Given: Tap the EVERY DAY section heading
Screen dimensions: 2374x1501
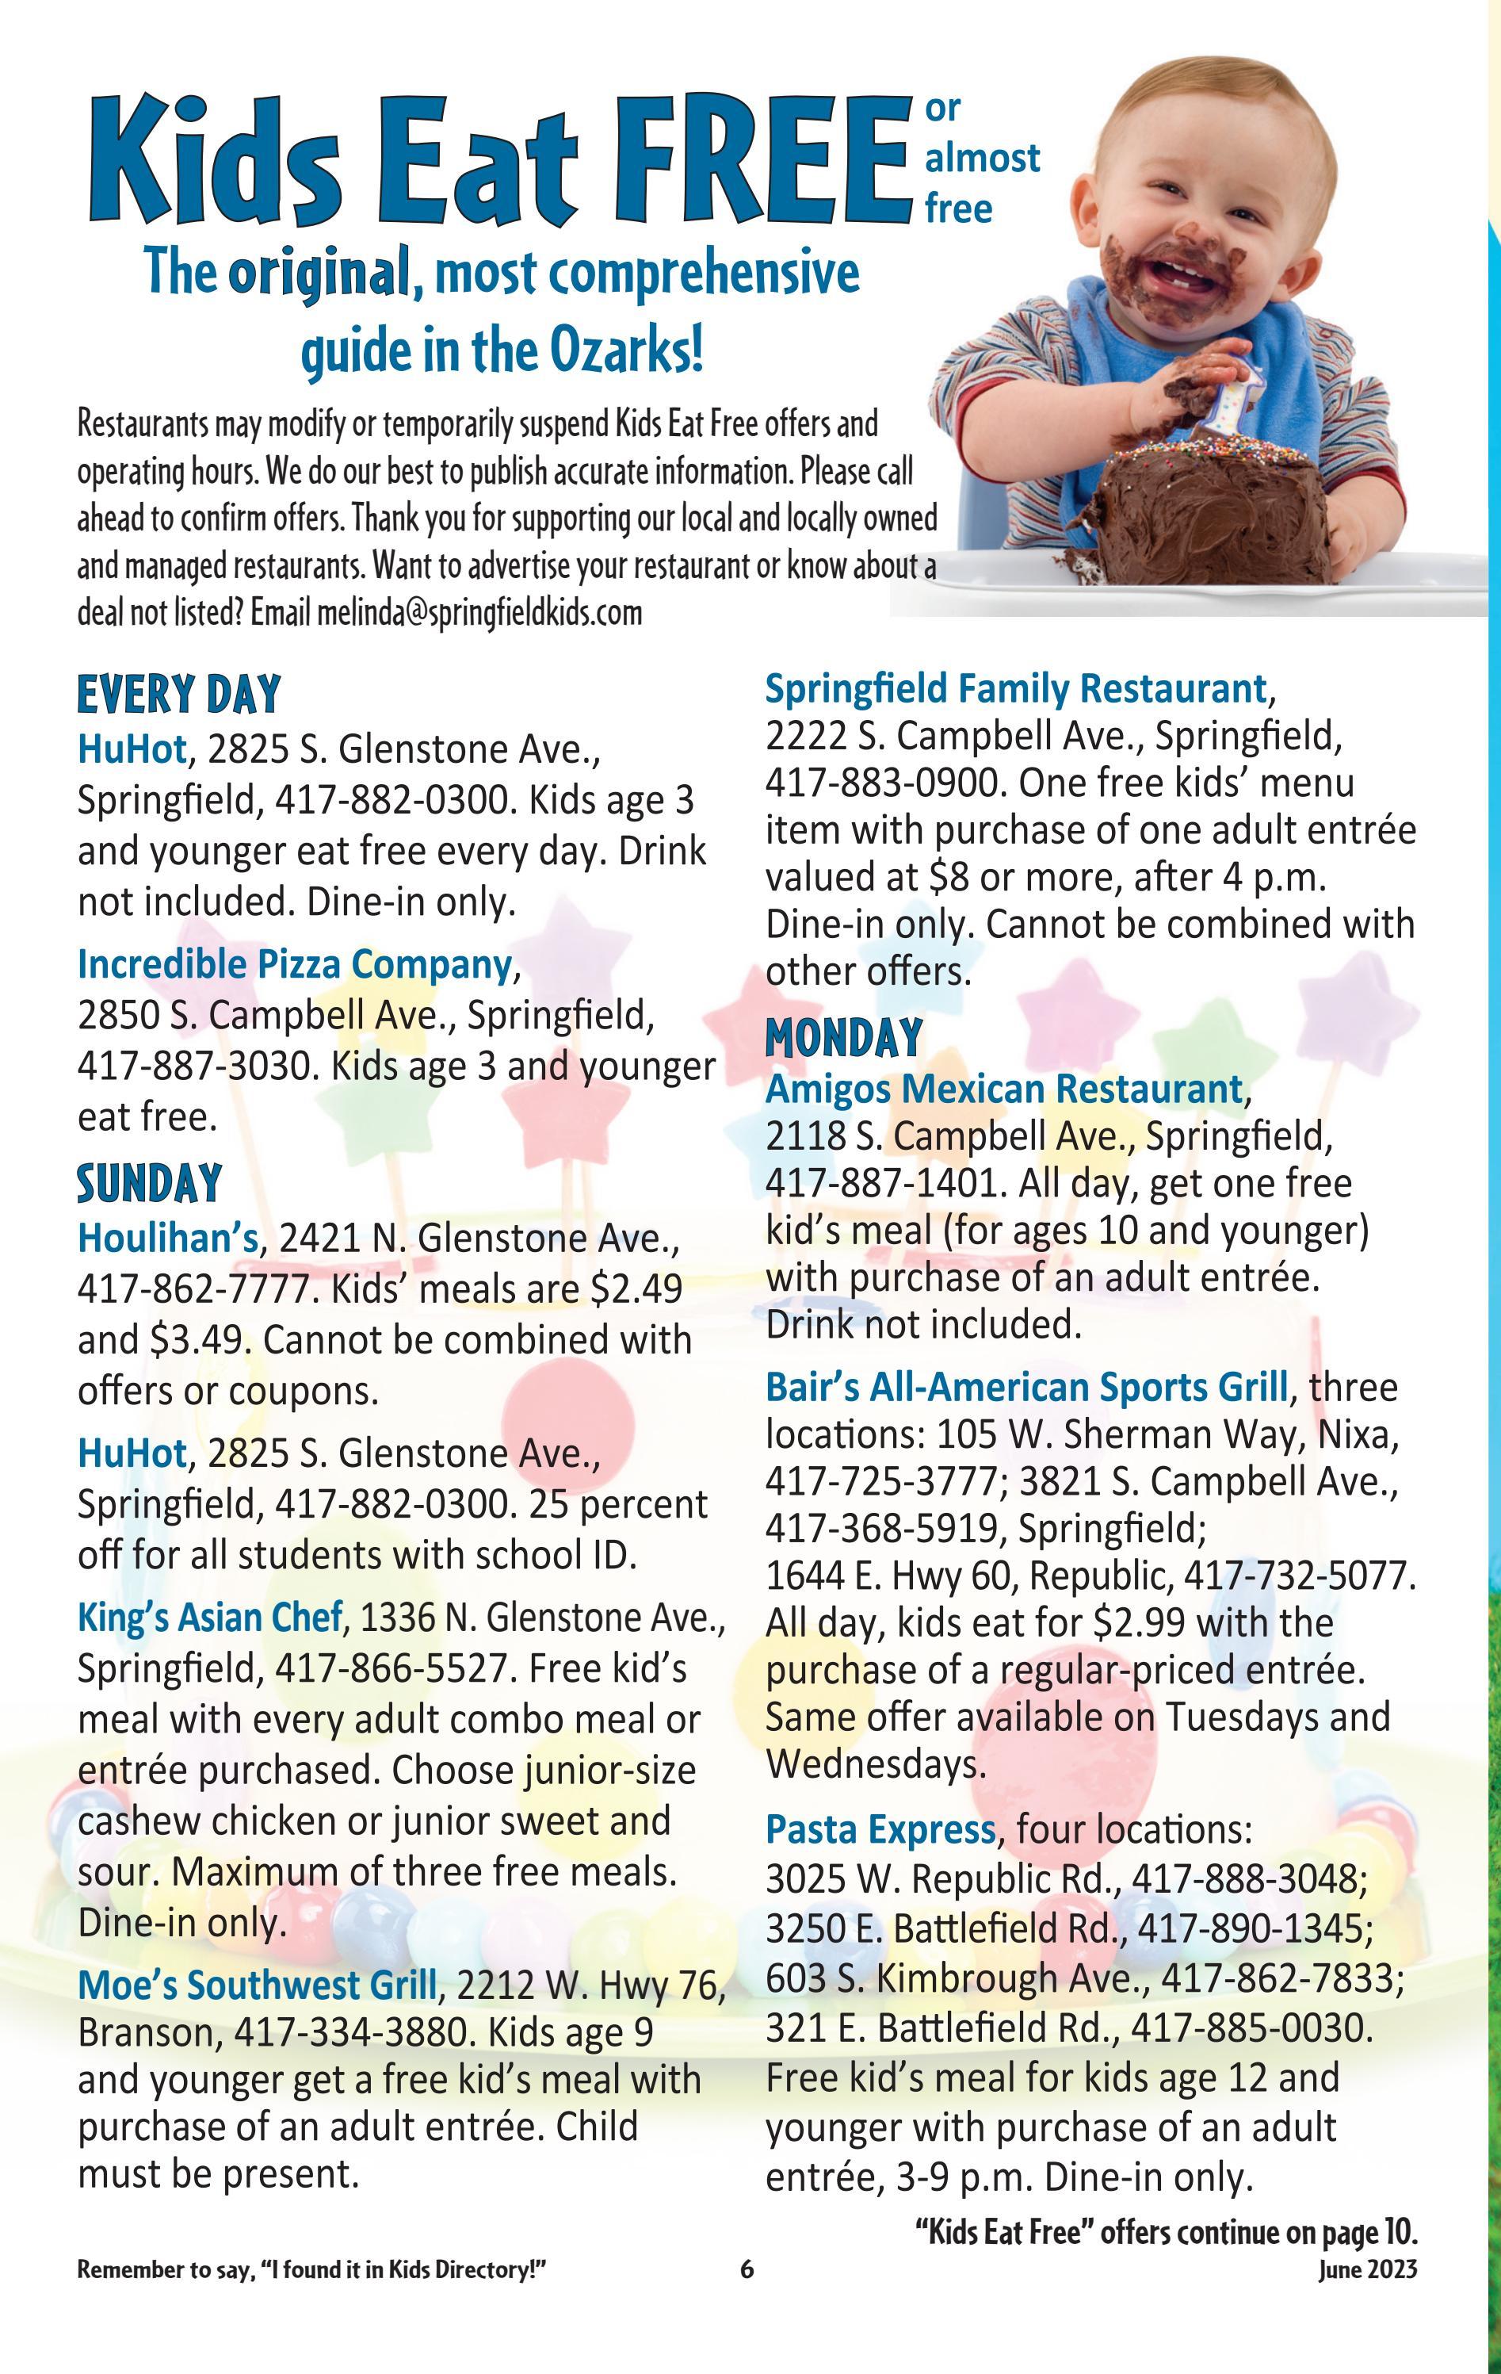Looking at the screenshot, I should click(178, 693).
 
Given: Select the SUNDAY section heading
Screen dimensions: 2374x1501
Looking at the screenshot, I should click(149, 1183).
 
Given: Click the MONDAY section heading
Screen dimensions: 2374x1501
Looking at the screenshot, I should click(844, 1037).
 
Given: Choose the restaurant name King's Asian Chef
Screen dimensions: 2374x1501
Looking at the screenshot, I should click(210, 1617).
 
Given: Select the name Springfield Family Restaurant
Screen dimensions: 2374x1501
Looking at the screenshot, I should click(1016, 688).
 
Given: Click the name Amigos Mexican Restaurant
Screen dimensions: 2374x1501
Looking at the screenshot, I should click(1003, 1089).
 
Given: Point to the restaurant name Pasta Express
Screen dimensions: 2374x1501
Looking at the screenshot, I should click(881, 1828).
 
